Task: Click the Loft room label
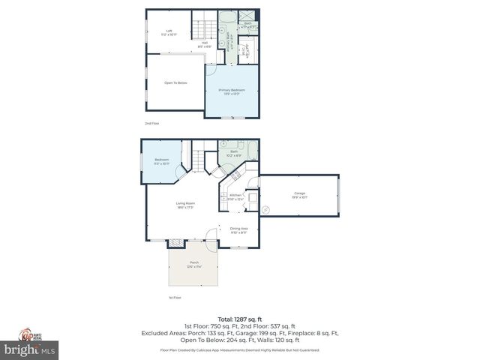click(169, 32)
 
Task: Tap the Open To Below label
click(175, 82)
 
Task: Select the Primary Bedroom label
click(232, 91)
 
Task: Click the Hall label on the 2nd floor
click(204, 44)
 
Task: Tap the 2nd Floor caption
click(151, 123)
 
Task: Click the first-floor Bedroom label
click(162, 160)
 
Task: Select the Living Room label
click(185, 205)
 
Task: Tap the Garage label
click(299, 195)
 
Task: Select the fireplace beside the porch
click(175, 242)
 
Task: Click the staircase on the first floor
click(198, 160)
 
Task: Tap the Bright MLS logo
click(30, 349)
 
